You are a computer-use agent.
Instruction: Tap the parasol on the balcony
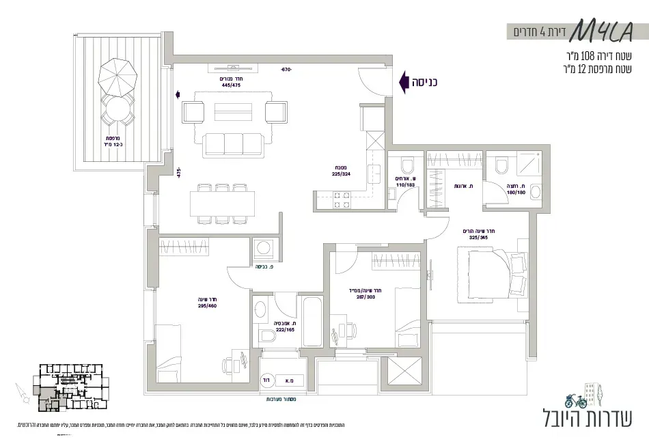118,76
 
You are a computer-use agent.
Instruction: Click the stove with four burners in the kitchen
341,199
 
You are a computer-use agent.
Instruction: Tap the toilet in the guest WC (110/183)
406,166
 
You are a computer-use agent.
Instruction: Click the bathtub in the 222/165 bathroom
313,321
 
